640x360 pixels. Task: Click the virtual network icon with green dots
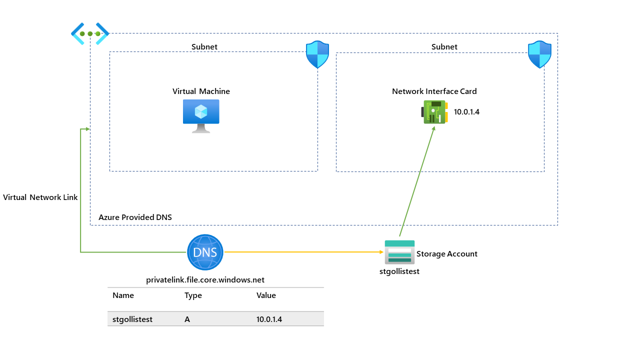point(90,33)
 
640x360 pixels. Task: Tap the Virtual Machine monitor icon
point(201,115)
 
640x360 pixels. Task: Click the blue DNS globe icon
point(205,252)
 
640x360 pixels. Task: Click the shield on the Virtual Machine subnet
point(317,54)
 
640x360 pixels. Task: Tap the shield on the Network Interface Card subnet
point(539,54)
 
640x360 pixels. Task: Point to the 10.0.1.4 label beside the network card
point(466,112)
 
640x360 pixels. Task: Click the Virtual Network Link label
point(40,197)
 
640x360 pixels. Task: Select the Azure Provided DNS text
point(135,217)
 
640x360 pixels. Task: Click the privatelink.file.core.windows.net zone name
point(205,280)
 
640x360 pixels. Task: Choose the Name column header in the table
point(123,295)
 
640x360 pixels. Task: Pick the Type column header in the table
point(193,295)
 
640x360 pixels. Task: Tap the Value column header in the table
point(266,295)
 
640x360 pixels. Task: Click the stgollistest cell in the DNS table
point(132,319)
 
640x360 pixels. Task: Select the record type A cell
point(187,319)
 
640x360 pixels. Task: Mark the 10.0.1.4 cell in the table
point(269,319)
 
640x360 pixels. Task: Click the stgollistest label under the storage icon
point(399,271)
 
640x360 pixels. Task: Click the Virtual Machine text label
point(201,91)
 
